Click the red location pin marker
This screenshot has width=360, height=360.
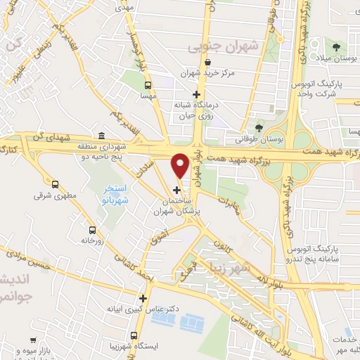181,165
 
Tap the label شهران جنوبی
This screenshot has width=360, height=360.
224,47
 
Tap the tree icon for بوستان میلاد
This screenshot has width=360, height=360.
336,47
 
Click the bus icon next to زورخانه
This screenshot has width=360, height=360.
92,229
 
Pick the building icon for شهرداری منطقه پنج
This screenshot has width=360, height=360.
102,135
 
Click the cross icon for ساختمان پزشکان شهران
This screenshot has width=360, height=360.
176,189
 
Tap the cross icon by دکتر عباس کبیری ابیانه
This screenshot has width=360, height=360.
143,297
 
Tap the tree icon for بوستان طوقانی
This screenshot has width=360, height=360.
259,127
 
